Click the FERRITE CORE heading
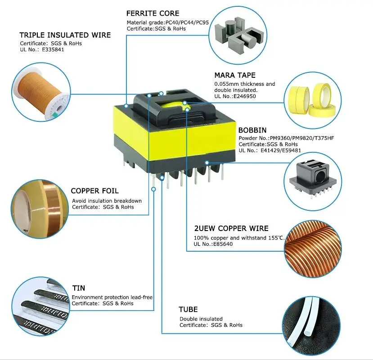click(153, 13)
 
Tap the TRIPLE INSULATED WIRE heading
click(65, 35)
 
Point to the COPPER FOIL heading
click(94, 191)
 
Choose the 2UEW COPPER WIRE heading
click(231, 228)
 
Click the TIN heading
click(79, 288)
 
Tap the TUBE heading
click(188, 310)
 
